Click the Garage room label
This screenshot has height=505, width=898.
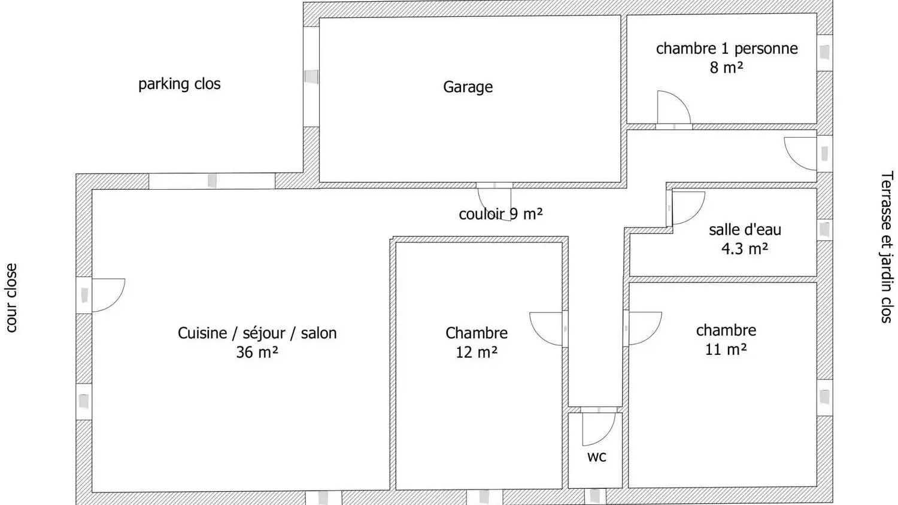[468, 87]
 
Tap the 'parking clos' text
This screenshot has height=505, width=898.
[179, 84]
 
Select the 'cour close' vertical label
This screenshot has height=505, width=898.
[11, 298]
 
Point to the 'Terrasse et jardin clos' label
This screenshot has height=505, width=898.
[887, 247]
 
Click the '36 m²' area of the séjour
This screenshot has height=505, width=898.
[257, 352]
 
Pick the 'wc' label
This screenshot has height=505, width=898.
[597, 457]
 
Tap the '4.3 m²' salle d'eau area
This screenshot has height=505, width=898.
[744, 248]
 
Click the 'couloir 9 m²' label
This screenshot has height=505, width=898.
[500, 214]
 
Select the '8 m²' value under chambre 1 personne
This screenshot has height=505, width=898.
[726, 68]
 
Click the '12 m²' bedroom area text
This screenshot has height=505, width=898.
[476, 352]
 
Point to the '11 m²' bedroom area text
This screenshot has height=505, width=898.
[726, 349]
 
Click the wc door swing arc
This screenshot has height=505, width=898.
[599, 428]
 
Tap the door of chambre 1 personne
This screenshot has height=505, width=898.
[673, 108]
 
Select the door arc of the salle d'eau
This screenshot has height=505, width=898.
[688, 207]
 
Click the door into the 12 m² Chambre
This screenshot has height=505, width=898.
[546, 329]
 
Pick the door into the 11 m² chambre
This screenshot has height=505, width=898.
[644, 328]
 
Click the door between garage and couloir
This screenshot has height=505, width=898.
[494, 201]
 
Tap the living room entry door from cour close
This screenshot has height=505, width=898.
[108, 295]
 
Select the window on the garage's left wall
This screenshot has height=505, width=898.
[311, 77]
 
